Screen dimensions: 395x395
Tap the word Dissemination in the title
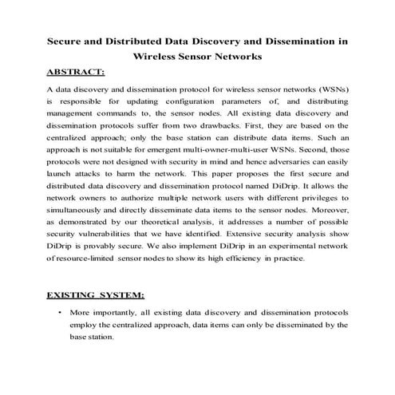[299, 39]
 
